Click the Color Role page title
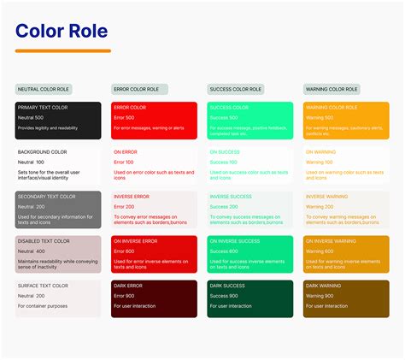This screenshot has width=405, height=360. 62,32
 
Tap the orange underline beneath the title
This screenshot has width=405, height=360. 62,51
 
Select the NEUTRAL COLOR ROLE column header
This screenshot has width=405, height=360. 44,89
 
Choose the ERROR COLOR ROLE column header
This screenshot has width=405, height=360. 139,89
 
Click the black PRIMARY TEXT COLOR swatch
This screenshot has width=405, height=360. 58,120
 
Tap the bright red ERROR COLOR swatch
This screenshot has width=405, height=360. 154,120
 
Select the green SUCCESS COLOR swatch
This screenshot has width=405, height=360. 250,120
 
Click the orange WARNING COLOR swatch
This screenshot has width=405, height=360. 346,120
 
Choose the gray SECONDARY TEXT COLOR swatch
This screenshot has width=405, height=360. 58,209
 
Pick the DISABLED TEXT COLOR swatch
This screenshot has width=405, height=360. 58,253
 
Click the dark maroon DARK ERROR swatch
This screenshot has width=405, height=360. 154,298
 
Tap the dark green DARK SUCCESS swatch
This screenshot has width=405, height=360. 250,298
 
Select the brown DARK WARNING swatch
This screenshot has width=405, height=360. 346,298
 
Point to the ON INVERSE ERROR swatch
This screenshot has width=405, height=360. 154,253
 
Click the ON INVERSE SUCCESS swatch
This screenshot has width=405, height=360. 250,253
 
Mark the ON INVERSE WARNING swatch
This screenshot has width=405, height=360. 346,253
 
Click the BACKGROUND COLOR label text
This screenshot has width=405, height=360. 44,152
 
